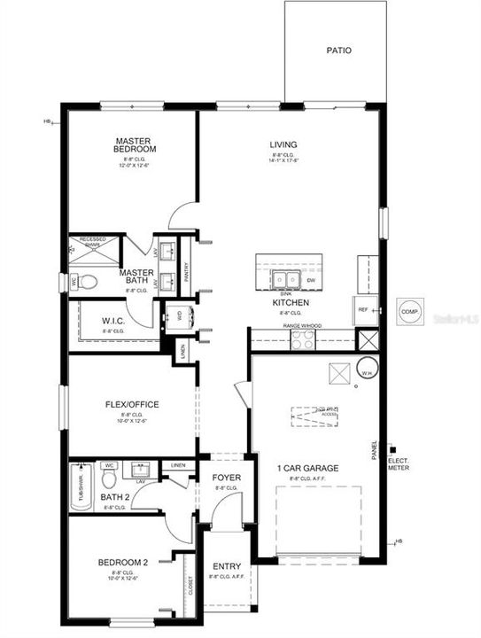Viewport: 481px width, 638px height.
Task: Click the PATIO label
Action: [338, 51]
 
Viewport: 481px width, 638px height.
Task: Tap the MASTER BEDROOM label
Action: [135, 145]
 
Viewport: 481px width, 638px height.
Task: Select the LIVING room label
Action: [283, 144]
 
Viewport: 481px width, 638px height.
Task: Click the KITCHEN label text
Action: [290, 302]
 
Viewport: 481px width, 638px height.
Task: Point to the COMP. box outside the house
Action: [409, 311]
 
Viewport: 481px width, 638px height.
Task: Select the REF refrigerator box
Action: [363, 310]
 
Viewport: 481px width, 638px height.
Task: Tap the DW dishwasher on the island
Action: [310, 281]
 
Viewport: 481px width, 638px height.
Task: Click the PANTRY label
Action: [186, 273]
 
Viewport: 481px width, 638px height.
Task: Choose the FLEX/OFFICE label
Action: [132, 404]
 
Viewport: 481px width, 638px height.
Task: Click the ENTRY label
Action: [227, 567]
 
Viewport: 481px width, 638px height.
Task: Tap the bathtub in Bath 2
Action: [79, 487]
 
